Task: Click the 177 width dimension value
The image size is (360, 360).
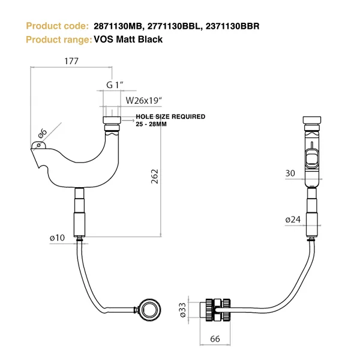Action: tap(71, 61)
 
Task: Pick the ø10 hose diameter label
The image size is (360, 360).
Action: tap(57, 238)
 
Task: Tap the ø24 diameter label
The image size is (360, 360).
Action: tap(293, 220)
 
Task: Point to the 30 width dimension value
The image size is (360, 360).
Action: tap(290, 174)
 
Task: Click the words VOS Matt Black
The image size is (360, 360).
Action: tap(128, 40)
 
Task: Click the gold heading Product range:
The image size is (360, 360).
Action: tap(58, 40)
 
